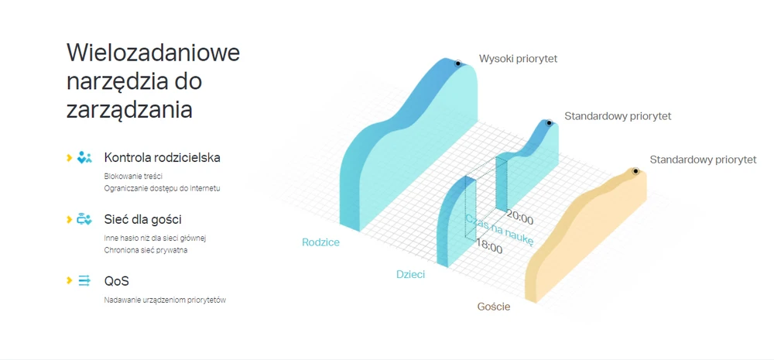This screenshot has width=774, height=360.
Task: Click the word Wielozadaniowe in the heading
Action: [x=153, y=53]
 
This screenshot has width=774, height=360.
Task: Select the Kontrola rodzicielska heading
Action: [x=162, y=157]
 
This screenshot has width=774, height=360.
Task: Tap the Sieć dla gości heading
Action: [x=139, y=219]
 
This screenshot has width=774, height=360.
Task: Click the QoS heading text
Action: [x=117, y=282]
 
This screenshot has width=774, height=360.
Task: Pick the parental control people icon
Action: [x=84, y=157]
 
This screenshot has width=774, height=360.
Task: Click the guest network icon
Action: [x=84, y=219]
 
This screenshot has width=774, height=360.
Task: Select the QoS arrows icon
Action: [x=84, y=281]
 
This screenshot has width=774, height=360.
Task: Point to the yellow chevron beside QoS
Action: [x=69, y=281]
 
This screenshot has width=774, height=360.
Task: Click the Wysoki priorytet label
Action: [x=518, y=59]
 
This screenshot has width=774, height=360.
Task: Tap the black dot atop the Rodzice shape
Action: [x=458, y=63]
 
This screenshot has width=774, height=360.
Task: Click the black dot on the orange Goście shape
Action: [x=635, y=171]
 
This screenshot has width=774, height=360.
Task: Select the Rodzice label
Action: [x=321, y=242]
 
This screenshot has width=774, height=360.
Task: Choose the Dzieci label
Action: [x=411, y=275]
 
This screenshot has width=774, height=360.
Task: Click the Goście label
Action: [x=494, y=307]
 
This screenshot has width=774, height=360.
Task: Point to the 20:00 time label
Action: [x=519, y=218]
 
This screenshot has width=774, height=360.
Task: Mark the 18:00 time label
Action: [x=488, y=246]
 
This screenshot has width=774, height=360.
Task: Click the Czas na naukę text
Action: [x=499, y=228]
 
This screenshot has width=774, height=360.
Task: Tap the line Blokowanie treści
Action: [x=133, y=176]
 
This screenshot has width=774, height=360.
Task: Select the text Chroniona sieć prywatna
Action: [x=146, y=250]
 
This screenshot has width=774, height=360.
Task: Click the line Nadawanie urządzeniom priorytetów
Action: [x=165, y=300]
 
